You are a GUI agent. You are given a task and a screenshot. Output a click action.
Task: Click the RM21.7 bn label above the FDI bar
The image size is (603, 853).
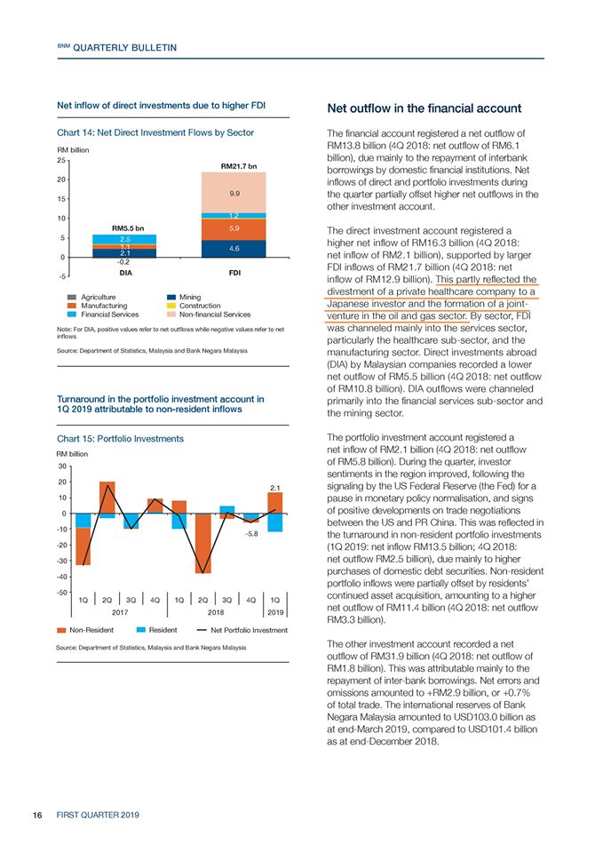[x=239, y=166]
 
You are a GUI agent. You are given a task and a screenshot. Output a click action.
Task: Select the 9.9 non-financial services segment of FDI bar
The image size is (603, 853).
[x=234, y=193]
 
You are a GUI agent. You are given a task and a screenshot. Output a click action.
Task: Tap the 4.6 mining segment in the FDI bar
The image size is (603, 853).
[x=234, y=249]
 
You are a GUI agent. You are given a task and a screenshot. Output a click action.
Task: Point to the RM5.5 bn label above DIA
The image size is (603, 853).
[x=128, y=228]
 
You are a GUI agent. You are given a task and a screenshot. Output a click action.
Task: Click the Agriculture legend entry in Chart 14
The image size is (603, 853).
[x=91, y=297]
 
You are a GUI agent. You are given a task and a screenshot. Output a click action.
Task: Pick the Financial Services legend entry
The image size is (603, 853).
[x=103, y=315]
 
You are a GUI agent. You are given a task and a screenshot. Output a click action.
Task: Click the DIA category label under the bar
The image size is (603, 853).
[x=125, y=273]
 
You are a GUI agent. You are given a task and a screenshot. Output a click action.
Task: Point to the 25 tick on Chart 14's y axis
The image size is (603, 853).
[x=61, y=161]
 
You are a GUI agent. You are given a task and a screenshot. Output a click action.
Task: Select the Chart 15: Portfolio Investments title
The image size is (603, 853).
[x=120, y=438]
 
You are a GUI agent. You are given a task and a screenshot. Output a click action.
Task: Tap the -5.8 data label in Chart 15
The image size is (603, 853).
[x=251, y=534]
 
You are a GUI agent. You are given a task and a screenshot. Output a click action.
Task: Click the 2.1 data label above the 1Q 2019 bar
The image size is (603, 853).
[x=275, y=488]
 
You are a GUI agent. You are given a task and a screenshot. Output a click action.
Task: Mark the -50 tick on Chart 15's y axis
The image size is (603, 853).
[x=61, y=593]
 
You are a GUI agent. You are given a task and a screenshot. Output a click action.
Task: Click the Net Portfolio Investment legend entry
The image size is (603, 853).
[x=242, y=630]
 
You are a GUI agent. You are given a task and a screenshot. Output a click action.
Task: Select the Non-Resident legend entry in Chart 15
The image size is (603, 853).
[x=85, y=630]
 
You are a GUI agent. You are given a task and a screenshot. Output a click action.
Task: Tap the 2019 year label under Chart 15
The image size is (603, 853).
[x=275, y=612]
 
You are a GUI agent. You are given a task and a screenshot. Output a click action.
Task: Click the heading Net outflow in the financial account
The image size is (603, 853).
[x=424, y=108]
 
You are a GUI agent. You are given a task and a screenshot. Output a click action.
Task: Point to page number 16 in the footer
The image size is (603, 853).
[x=37, y=815]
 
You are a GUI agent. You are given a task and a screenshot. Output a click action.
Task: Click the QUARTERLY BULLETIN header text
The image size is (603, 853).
[x=124, y=48]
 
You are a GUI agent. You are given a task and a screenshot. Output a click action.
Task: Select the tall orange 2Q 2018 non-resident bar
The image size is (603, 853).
[x=202, y=544]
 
